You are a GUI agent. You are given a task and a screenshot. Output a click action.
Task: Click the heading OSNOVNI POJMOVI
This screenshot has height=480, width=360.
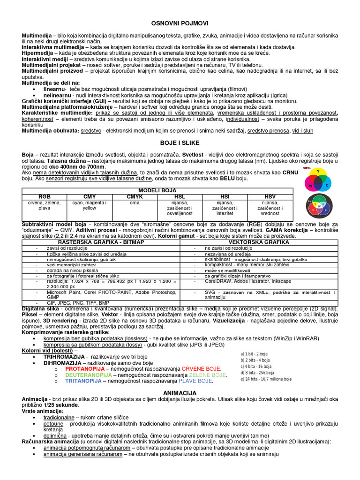coord(180,22)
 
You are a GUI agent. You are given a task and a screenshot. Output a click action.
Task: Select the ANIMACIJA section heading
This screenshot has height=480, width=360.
coord(180,392)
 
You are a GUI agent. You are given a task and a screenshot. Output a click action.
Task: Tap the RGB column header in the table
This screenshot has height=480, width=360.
coord(45,196)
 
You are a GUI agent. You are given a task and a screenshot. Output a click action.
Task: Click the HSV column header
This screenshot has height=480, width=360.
coord(270,196)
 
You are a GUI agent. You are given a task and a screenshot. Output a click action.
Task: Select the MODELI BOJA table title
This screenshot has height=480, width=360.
coord(157,191)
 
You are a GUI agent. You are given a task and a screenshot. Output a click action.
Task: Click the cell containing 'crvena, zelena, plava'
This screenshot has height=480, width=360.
coord(45,205)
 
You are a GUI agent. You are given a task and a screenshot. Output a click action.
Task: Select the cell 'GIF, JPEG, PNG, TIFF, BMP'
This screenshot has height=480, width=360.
coord(71,303)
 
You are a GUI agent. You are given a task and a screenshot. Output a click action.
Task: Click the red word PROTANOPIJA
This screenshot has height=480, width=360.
coord(85,368)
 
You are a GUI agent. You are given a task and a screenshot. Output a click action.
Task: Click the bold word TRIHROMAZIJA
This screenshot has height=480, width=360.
coord(64,356)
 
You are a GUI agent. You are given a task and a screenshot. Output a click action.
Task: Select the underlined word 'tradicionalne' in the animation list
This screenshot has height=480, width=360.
coord(59,417)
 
